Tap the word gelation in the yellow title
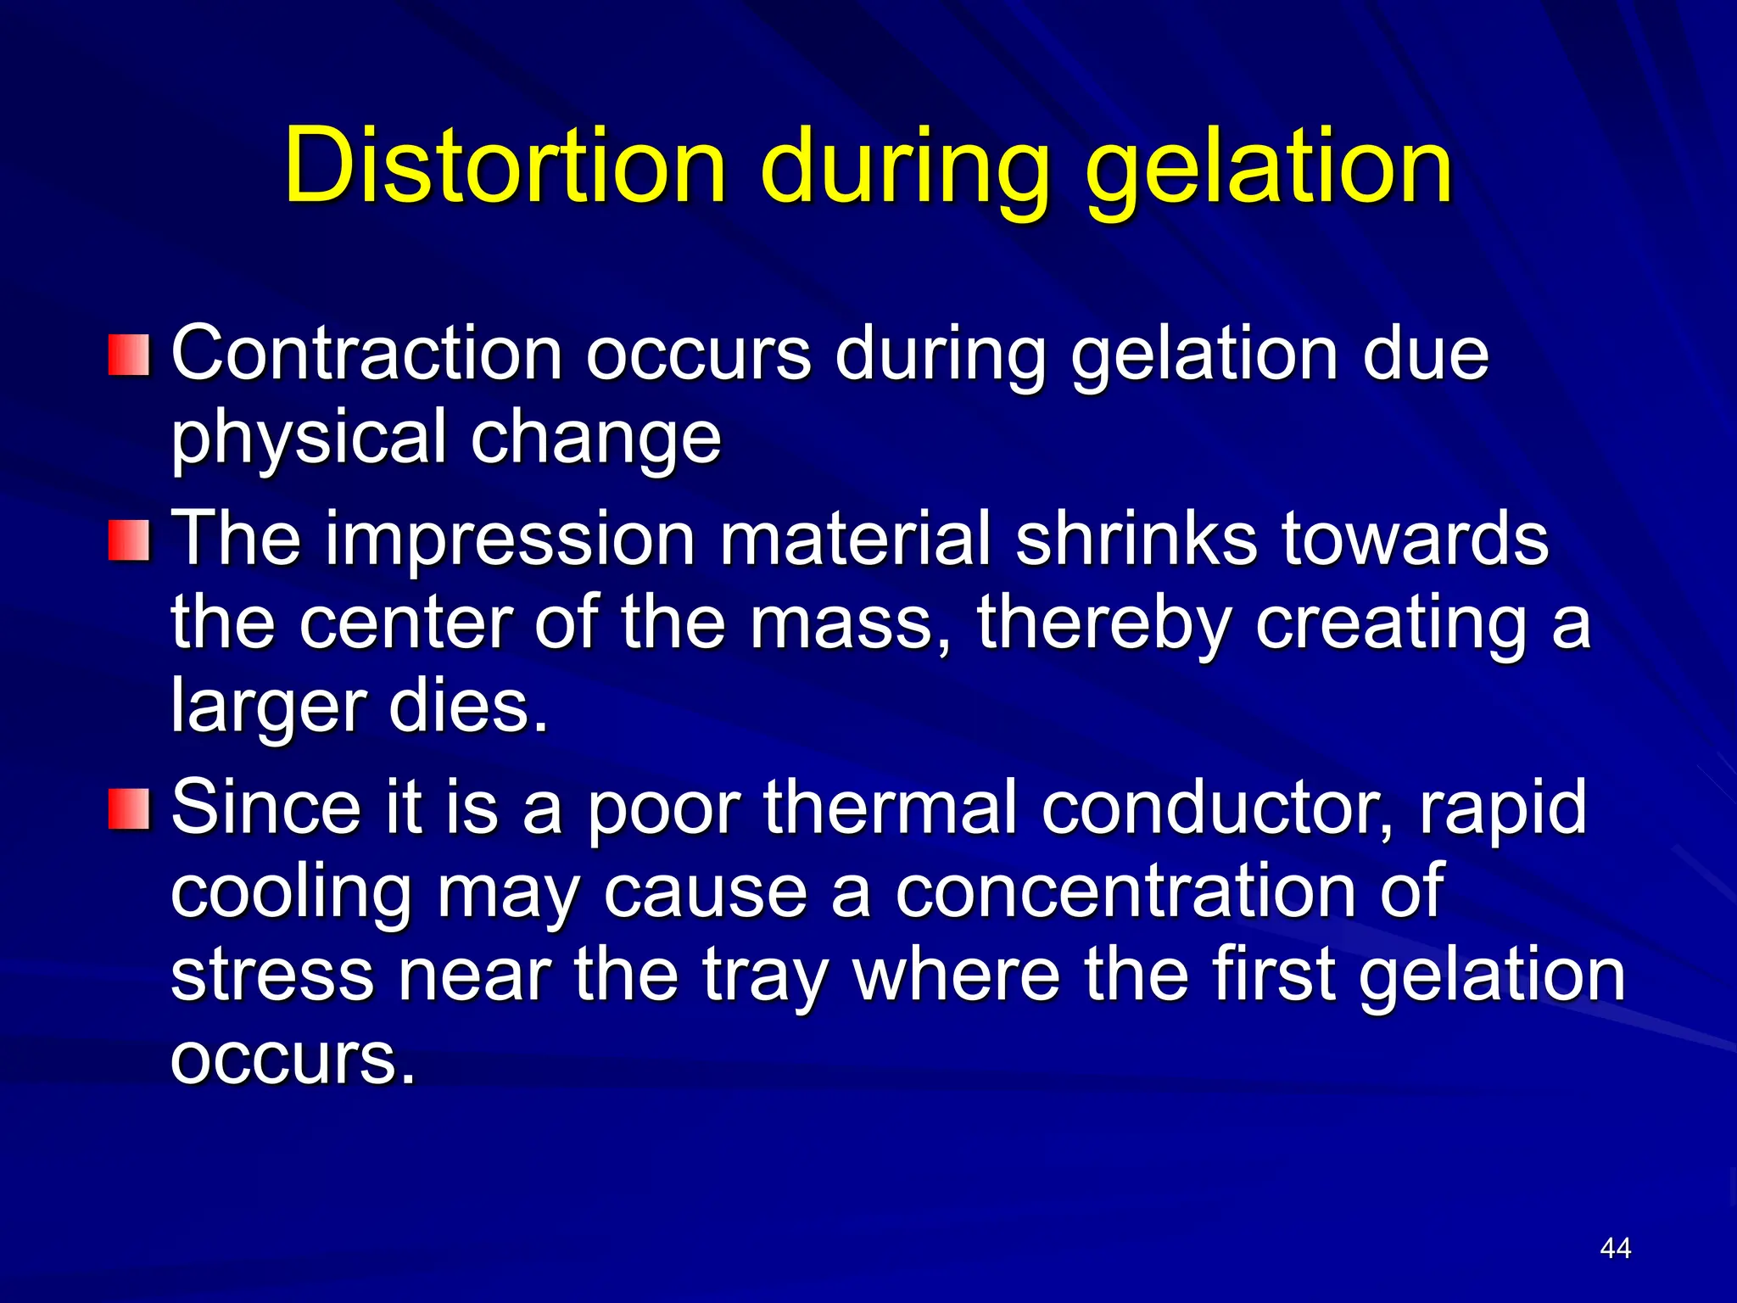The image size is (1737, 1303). pos(1270,168)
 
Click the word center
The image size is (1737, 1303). pos(406,624)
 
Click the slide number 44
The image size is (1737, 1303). pos(1615,1248)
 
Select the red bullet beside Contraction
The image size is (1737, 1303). pos(129,355)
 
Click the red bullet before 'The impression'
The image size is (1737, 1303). pos(129,541)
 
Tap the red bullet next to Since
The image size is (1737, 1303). pos(129,808)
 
